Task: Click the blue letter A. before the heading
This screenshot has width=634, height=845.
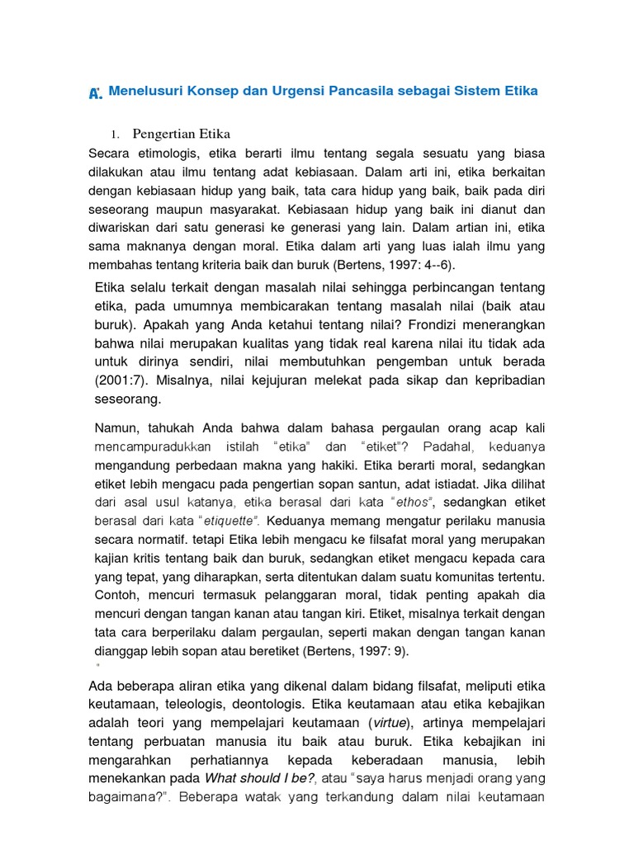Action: [95, 93]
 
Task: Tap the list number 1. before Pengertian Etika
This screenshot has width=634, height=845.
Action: [116, 135]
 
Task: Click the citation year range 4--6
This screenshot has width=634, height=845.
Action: [431, 264]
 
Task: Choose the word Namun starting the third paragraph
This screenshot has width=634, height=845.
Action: [118, 429]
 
